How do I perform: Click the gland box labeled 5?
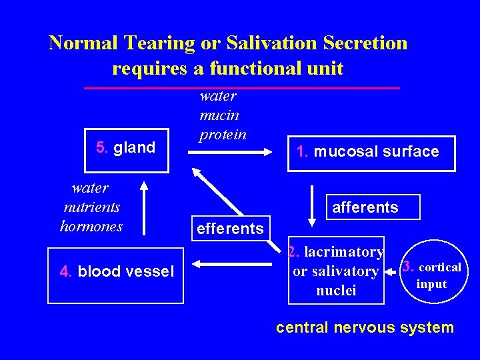[126, 148]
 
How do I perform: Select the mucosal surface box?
[371, 153]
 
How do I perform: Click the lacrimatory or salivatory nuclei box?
[336, 271]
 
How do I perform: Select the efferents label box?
[231, 229]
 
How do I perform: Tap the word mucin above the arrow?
[219, 115]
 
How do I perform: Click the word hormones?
[91, 226]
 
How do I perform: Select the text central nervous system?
[365, 327]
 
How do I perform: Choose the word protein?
[223, 134]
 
